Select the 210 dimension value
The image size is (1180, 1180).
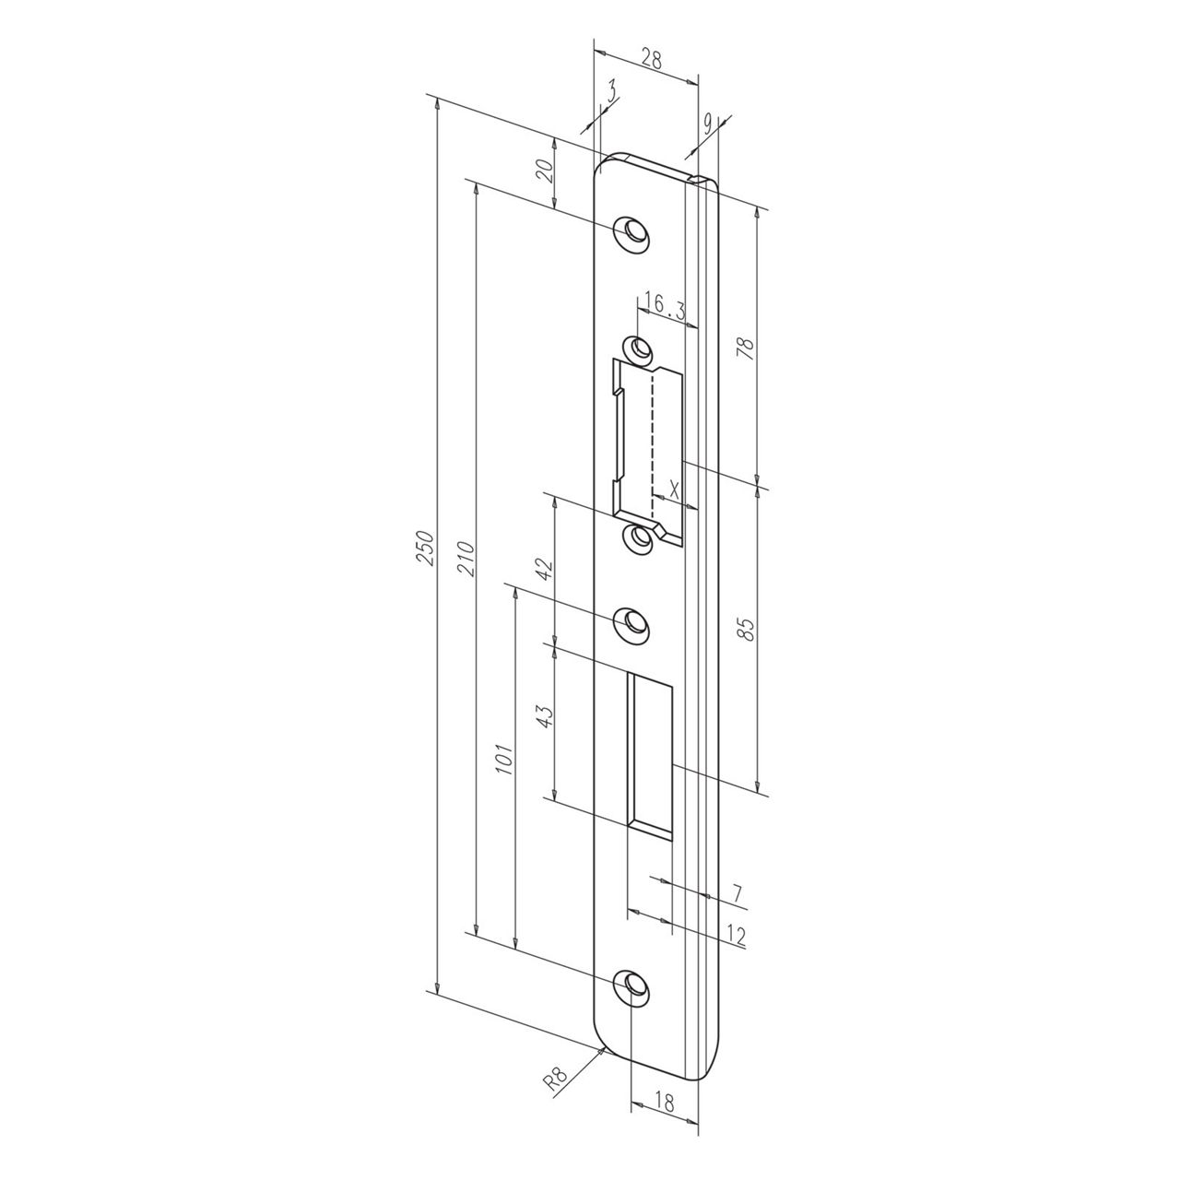(466, 556)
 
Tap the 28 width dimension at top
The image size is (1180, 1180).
(651, 61)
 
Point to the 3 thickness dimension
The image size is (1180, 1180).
(612, 91)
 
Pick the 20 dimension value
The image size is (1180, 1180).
(545, 171)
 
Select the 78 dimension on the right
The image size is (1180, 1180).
(748, 348)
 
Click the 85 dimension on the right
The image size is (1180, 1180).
(748, 630)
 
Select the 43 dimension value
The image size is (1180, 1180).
(545, 717)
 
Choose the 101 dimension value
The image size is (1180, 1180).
(504, 755)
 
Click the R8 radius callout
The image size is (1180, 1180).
(554, 1079)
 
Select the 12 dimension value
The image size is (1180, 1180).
(735, 935)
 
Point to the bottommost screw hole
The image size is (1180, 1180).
(632, 985)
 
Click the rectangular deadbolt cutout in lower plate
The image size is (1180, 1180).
(652, 751)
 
